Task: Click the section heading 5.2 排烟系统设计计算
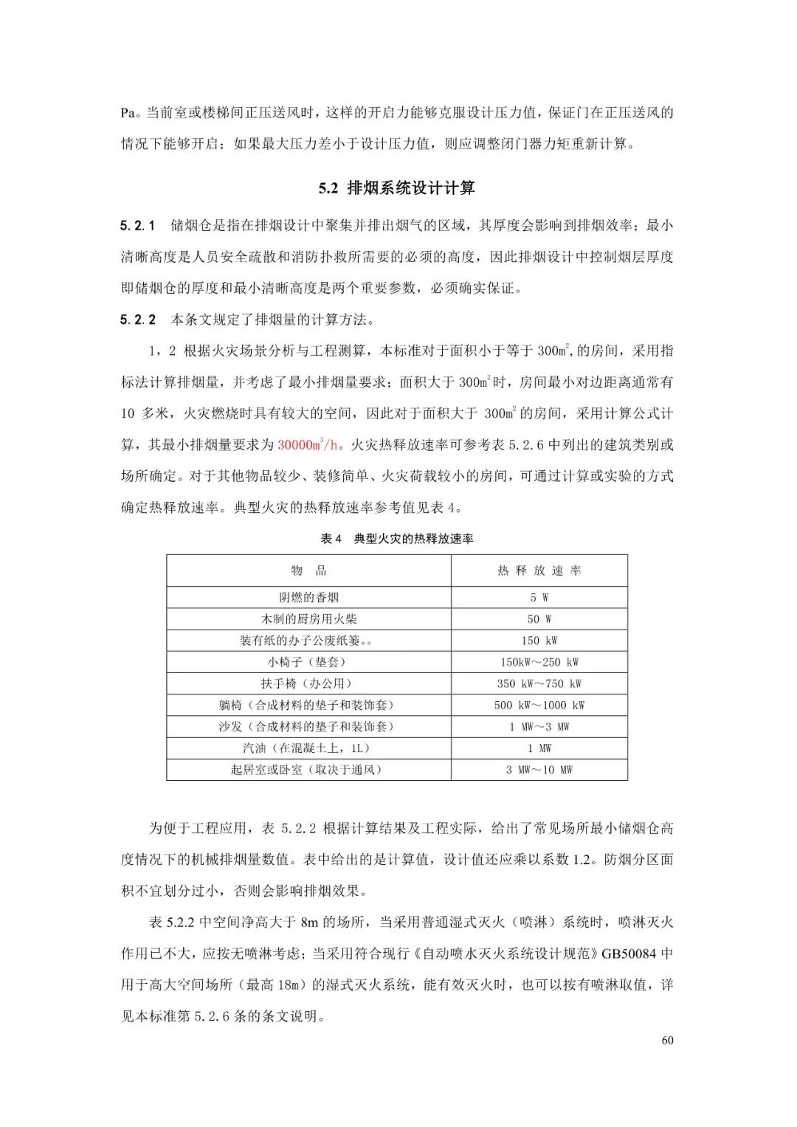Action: point(397,188)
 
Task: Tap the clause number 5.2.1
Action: point(138,225)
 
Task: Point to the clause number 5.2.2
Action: point(138,320)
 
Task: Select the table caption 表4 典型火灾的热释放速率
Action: point(397,539)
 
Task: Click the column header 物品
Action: point(308,571)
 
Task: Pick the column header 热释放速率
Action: point(539,571)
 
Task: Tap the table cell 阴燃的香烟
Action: point(308,598)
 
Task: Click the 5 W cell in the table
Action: point(539,598)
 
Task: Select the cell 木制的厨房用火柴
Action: point(308,619)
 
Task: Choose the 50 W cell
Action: point(539,619)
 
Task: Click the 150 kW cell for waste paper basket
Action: point(539,641)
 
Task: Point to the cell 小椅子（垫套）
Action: point(308,662)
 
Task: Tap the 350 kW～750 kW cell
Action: point(539,683)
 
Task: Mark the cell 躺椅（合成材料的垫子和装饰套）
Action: point(308,705)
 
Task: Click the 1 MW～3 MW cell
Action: point(539,727)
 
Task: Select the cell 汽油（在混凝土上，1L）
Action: point(308,748)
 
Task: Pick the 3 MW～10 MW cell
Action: point(539,770)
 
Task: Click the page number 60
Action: point(667,1041)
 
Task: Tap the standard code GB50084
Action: point(629,954)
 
